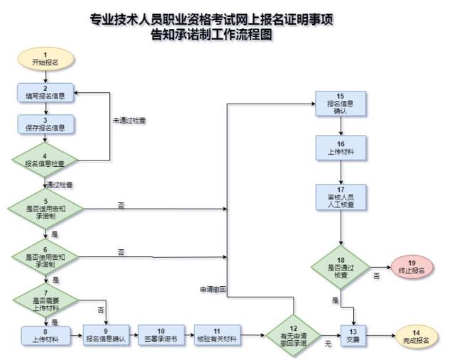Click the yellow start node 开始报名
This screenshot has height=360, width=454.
(x=45, y=59)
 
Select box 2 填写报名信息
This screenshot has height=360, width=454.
(x=45, y=93)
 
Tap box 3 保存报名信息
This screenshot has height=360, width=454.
(x=45, y=125)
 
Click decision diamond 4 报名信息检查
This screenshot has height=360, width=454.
(x=45, y=160)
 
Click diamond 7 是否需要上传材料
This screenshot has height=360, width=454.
(x=45, y=300)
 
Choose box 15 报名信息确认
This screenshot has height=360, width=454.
(x=340, y=104)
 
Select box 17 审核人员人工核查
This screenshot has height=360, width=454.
(x=340, y=197)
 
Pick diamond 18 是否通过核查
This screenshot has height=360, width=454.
(x=340, y=267)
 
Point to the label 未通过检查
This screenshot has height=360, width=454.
(x=129, y=121)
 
